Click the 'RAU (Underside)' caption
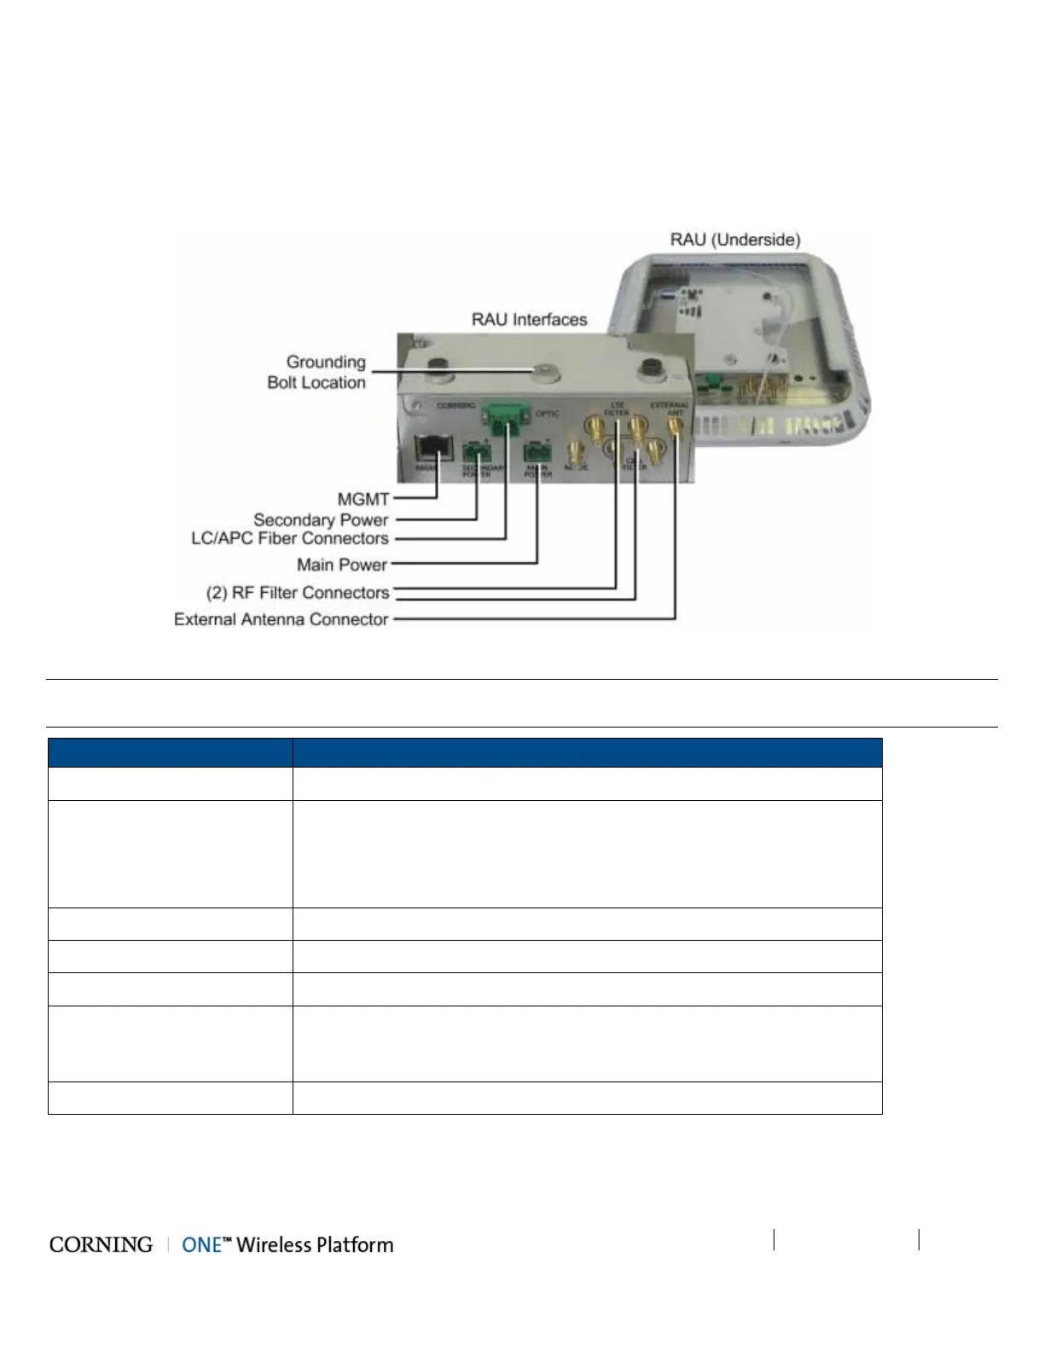[x=734, y=240]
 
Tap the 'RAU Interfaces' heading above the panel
[x=529, y=320]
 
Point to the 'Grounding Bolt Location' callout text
[x=316, y=373]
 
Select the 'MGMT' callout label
[x=363, y=499]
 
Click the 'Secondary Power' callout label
[x=321, y=519]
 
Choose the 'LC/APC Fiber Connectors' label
[x=290, y=539]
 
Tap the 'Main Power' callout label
[x=342, y=565]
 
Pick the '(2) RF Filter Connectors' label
[x=298, y=593]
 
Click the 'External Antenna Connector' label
[x=281, y=619]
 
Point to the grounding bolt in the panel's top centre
[x=543, y=371]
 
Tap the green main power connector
[x=537, y=451]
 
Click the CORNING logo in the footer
[x=101, y=1245]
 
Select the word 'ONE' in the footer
[x=202, y=1245]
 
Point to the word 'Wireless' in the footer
[x=274, y=1245]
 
